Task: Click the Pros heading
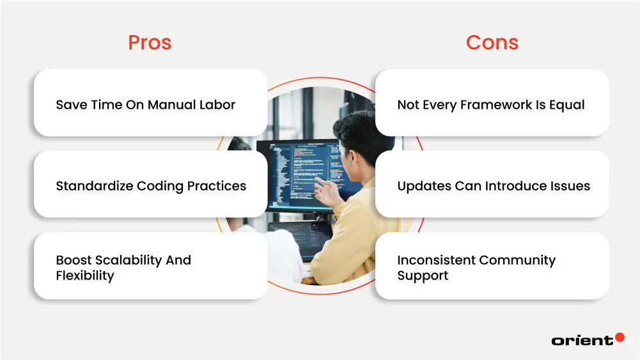[x=150, y=42]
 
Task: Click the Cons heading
[x=492, y=42]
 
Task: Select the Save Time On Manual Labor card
[x=150, y=104]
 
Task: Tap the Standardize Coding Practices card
[x=150, y=185]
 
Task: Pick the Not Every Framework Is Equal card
[x=492, y=104]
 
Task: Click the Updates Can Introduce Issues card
[x=492, y=185]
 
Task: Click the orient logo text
[x=581, y=340]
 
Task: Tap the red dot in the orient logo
[x=619, y=337]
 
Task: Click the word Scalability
[x=127, y=260]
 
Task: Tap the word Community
[x=517, y=260]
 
